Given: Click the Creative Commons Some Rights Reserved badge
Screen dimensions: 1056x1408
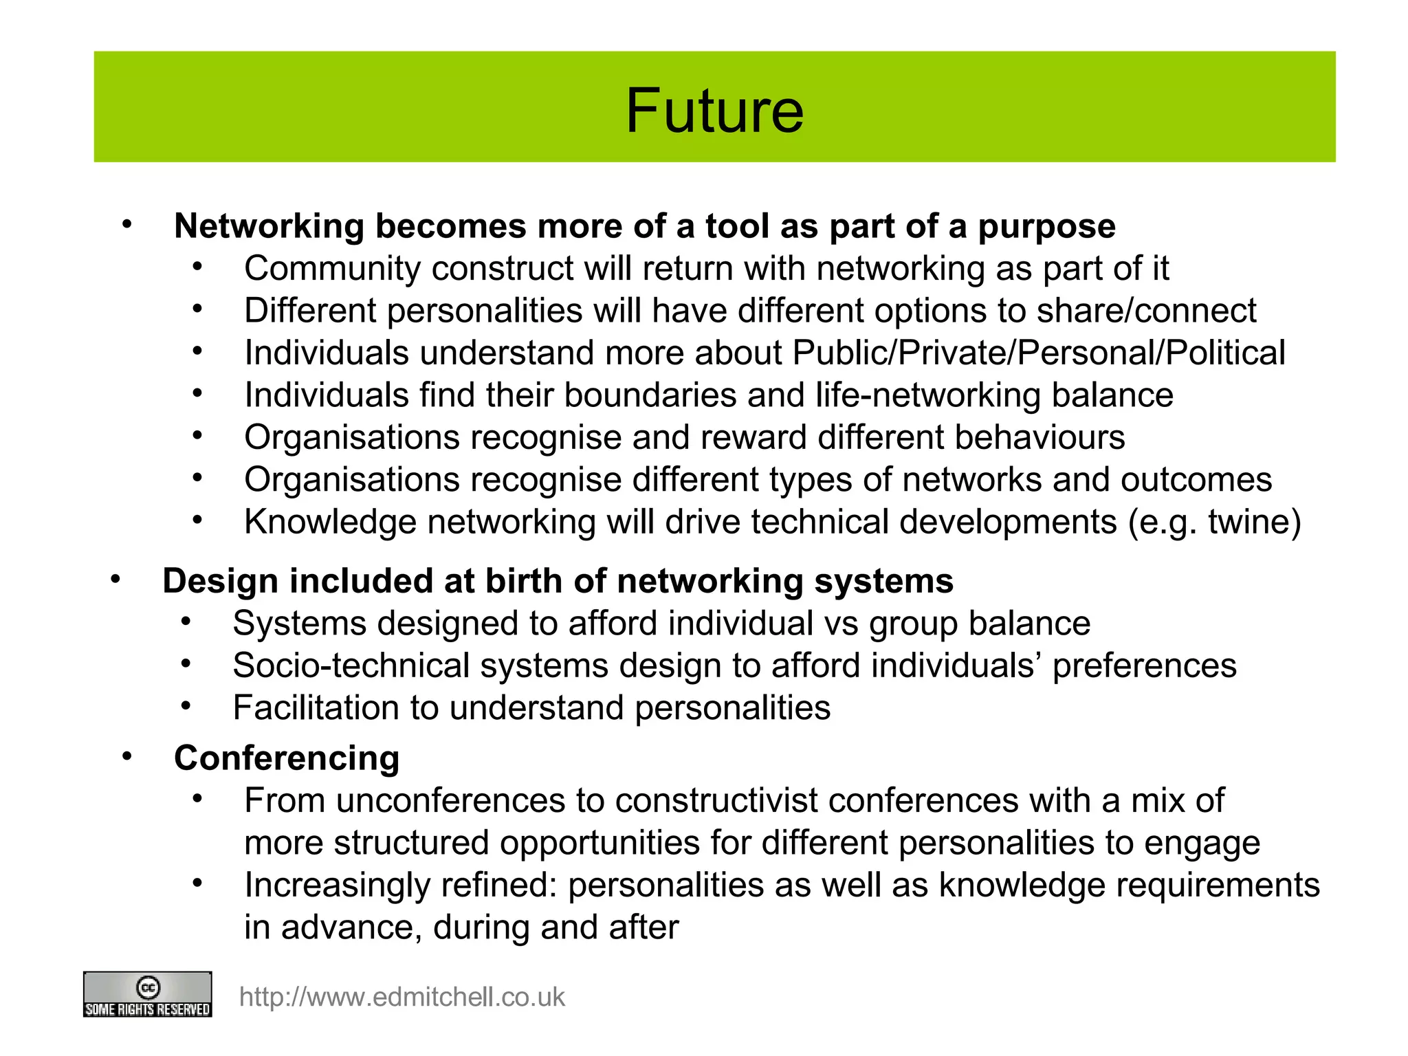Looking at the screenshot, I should coord(147,994).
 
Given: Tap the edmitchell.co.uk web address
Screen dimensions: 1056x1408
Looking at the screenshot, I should coord(401,997).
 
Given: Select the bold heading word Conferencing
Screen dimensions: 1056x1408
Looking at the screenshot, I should coord(287,758).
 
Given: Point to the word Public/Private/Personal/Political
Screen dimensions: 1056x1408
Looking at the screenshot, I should coord(1039,353).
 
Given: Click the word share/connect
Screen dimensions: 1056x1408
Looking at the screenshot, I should coord(1146,311).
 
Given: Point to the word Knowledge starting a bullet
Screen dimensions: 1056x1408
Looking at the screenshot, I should coord(330,522).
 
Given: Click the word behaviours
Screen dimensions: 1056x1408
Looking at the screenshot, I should coord(1039,437).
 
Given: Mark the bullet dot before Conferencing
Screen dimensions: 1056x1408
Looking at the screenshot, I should coord(126,757).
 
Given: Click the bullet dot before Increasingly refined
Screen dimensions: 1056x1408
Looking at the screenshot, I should coord(197,883).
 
